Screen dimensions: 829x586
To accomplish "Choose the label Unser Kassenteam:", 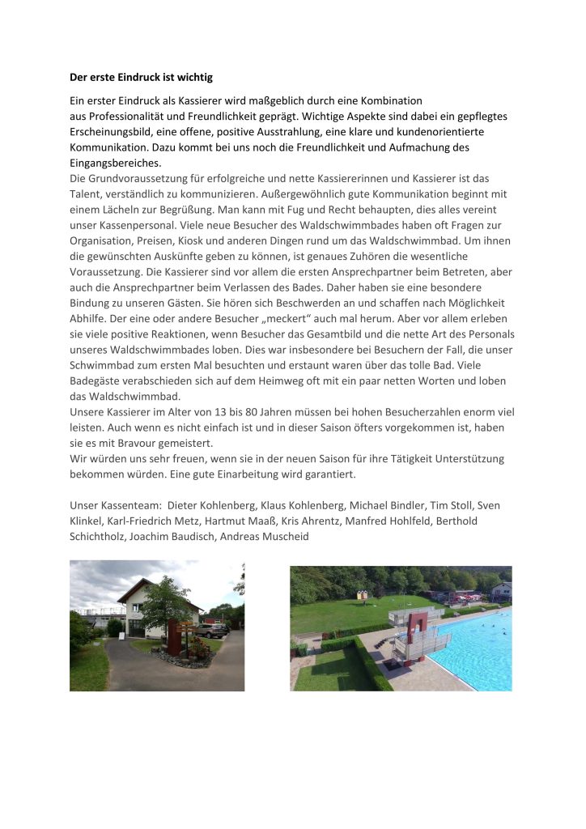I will click(113, 505).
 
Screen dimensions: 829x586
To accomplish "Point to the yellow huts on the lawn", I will click(363, 595).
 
